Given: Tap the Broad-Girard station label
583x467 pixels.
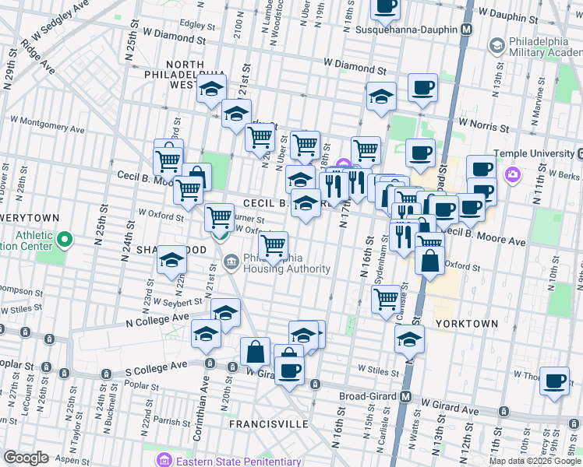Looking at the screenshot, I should [x=369, y=396].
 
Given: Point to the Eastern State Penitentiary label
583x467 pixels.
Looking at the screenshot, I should [x=238, y=462].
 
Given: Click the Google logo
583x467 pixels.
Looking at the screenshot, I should [x=26, y=458].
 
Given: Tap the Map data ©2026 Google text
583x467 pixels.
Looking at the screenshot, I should [x=534, y=461].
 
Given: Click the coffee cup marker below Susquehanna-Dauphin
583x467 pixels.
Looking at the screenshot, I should [x=422, y=87].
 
